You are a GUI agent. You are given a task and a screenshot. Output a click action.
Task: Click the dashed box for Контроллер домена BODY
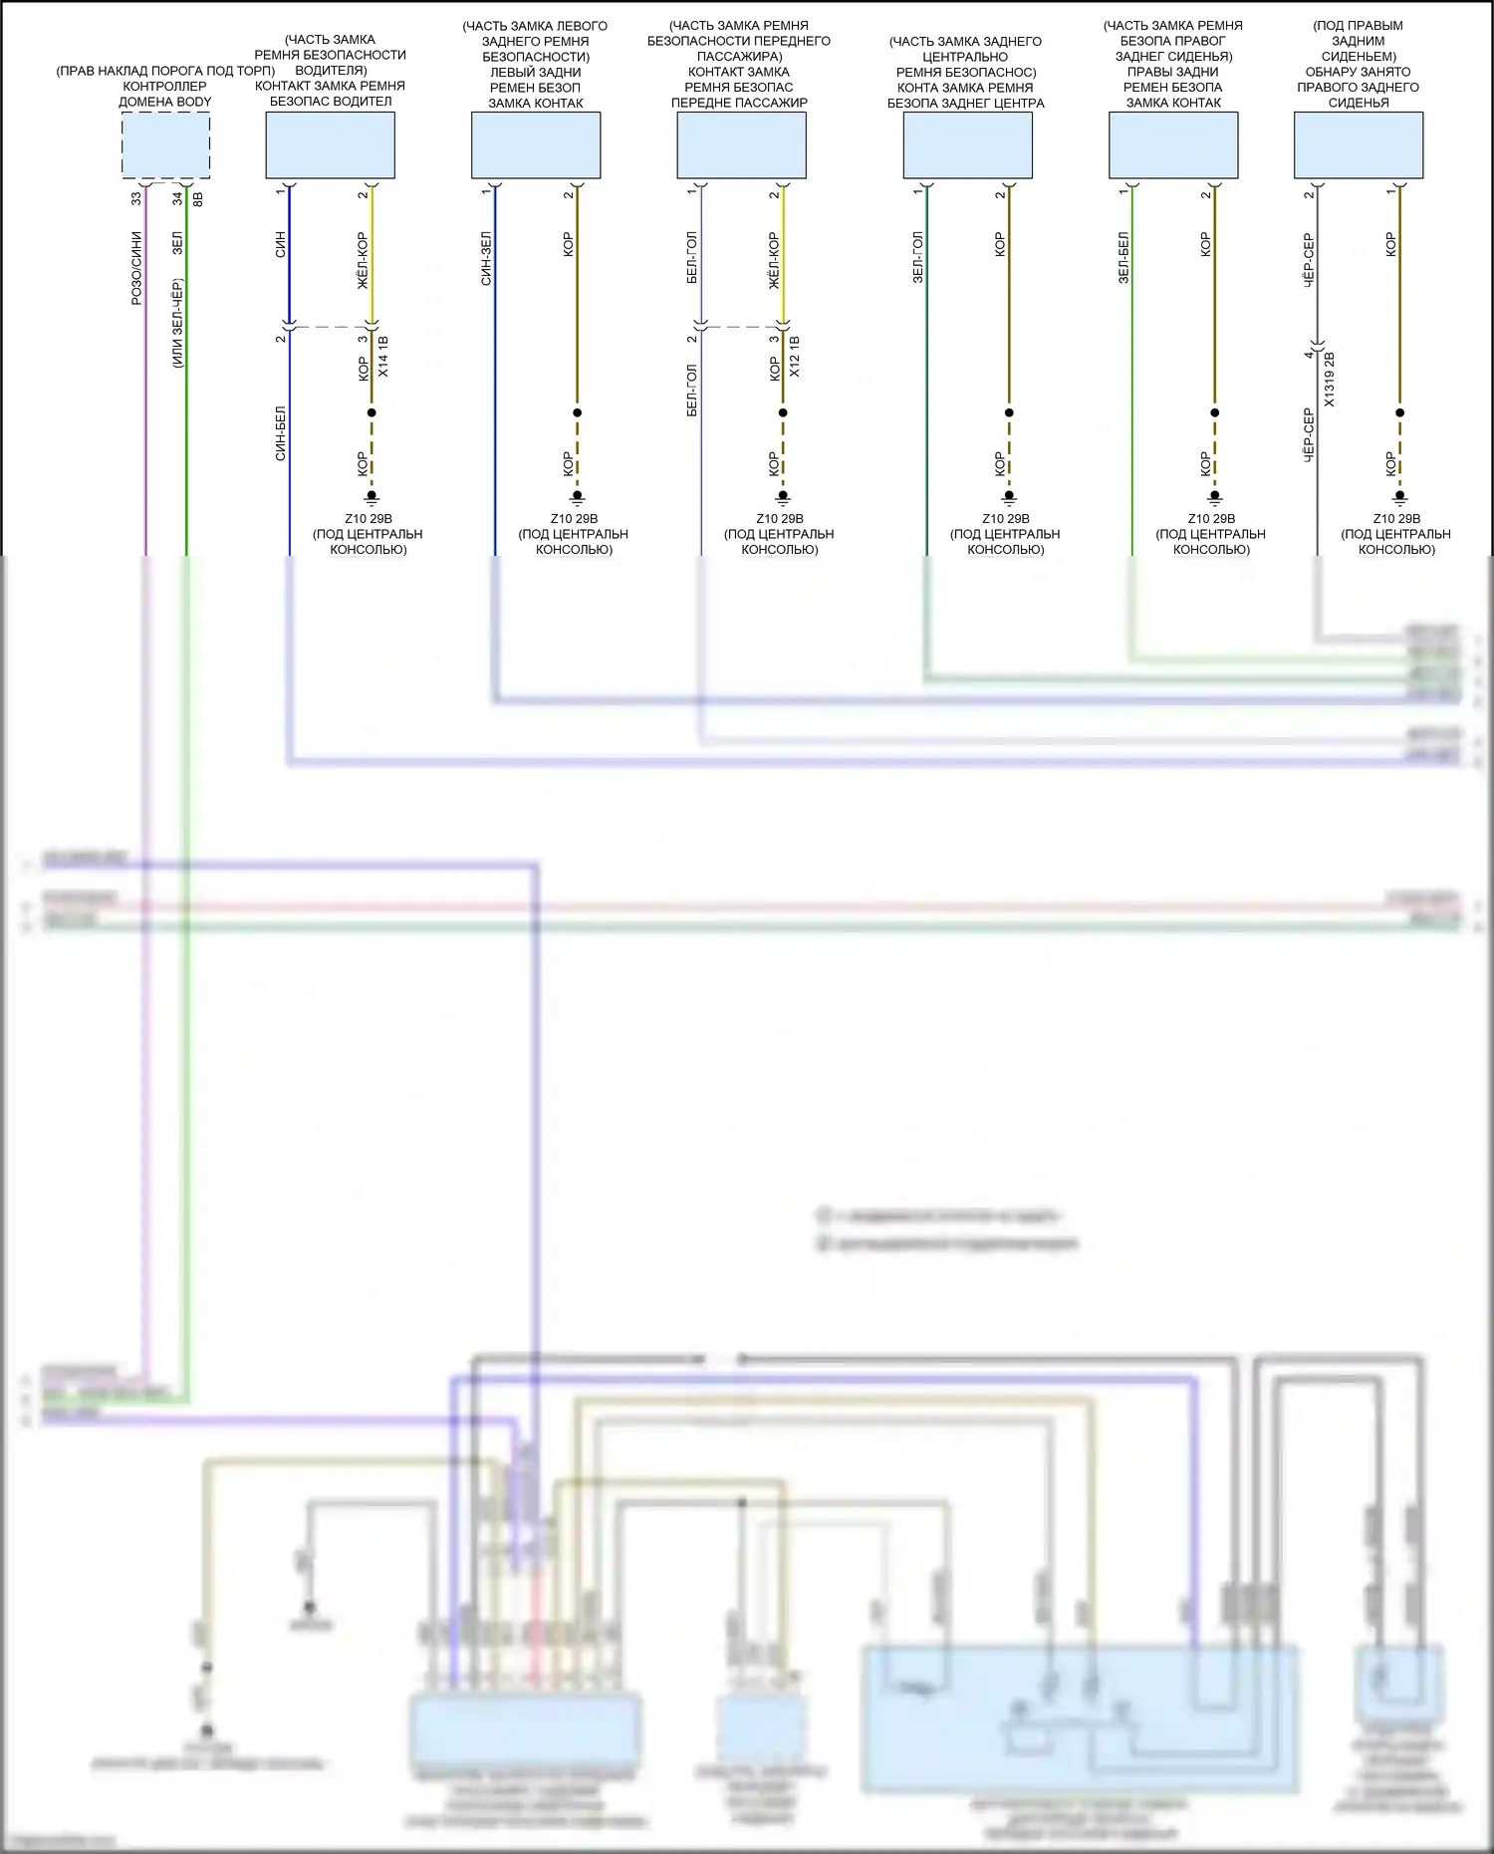tap(165, 145)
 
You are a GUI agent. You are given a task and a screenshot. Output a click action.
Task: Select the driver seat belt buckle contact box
tap(330, 145)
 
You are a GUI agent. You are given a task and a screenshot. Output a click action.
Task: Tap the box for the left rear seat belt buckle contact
tap(536, 145)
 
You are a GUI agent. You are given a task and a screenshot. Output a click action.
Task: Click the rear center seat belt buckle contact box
tap(967, 145)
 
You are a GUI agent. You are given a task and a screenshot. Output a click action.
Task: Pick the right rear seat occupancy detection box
tap(1359, 145)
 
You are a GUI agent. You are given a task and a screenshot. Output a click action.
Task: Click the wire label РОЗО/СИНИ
tap(136, 268)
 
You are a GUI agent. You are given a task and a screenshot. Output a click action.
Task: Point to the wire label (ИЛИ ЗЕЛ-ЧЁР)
tap(177, 324)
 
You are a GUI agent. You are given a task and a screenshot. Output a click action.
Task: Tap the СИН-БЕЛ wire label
tap(281, 433)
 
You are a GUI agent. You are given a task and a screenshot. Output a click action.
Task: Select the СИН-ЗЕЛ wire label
tap(486, 259)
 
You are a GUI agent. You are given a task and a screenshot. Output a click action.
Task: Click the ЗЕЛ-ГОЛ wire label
tap(917, 258)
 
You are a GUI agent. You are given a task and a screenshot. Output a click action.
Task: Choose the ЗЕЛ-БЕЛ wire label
tap(1123, 259)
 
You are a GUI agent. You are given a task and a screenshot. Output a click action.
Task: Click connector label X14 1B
tap(384, 357)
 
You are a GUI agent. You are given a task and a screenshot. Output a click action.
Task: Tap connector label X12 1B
tap(795, 357)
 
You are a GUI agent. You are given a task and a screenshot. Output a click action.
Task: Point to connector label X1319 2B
tap(1330, 380)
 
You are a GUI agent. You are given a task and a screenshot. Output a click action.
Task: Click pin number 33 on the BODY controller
tap(136, 199)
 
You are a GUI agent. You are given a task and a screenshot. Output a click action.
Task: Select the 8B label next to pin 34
tap(197, 199)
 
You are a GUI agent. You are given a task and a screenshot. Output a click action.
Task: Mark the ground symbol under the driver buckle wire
tap(372, 497)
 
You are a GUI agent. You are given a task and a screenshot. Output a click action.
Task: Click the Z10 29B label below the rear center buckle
tap(1006, 519)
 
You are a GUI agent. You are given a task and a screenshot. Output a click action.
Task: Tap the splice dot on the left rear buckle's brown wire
tap(577, 412)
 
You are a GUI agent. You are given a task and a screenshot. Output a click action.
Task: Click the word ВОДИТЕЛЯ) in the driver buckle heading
tap(331, 71)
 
